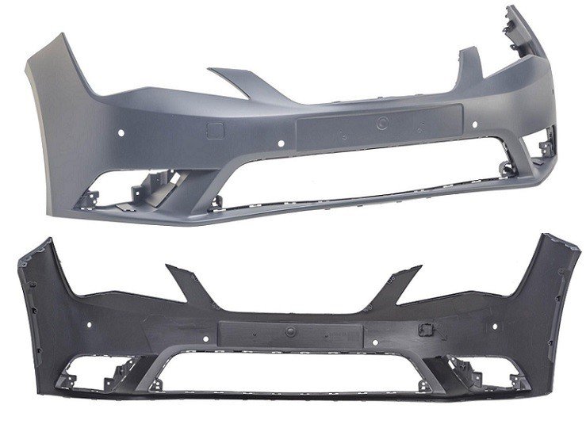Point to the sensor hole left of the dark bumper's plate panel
(x=206, y=337)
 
